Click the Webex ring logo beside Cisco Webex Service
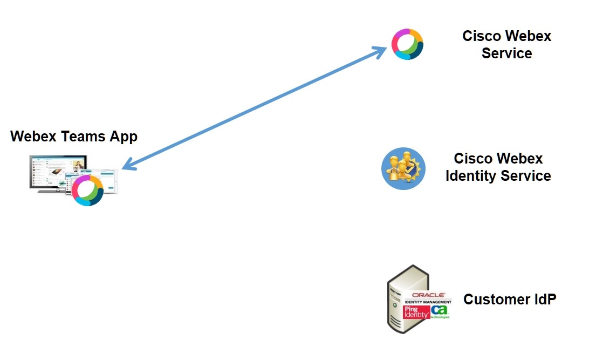[407, 44]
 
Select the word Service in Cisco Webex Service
[506, 53]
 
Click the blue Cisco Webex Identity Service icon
[403, 168]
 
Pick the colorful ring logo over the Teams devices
[87, 190]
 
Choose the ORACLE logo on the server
[428, 295]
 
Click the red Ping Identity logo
[416, 311]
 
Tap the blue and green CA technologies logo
[440, 311]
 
